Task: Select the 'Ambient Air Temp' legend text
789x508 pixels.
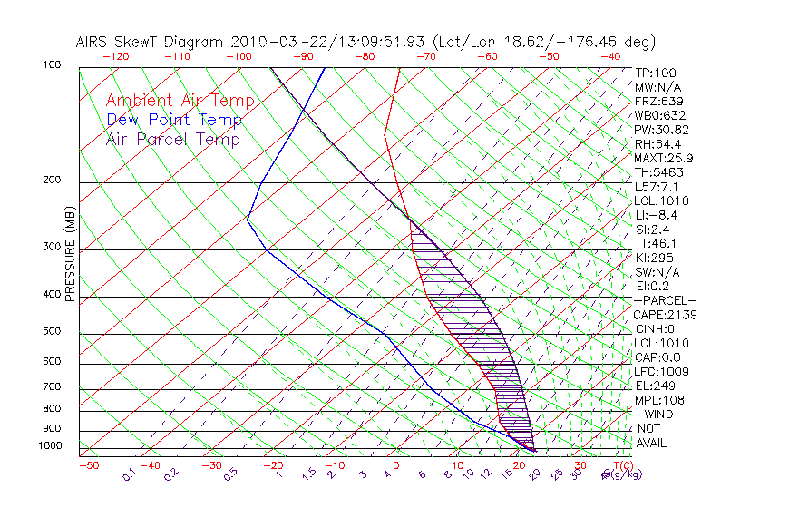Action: tap(180, 101)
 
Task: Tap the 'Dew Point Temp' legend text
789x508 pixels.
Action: tap(173, 120)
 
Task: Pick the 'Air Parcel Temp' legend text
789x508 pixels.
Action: tap(172, 139)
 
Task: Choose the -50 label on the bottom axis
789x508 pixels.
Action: tap(88, 465)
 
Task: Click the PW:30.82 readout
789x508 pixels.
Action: tap(660, 130)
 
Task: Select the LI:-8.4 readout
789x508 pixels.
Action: tap(656, 215)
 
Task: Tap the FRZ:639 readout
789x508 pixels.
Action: tap(657, 102)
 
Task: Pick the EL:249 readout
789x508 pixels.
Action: tap(653, 386)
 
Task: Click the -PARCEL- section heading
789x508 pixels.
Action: tap(665, 300)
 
